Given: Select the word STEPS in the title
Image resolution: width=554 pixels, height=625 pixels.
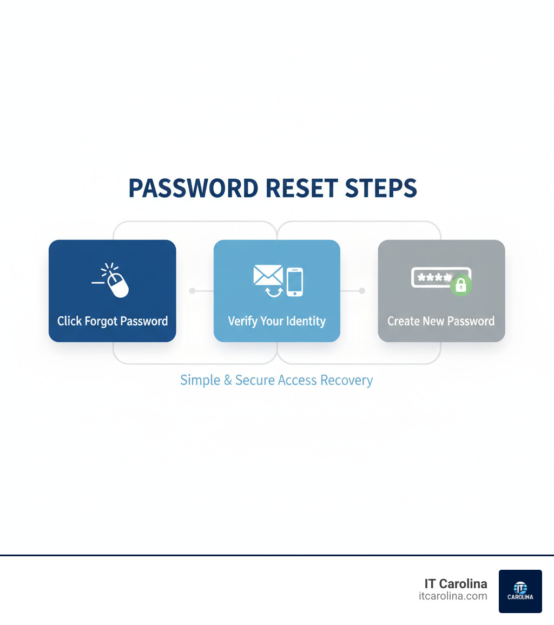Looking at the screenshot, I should coord(381,188).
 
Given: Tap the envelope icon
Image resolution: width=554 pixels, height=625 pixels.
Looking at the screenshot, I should coord(268,275).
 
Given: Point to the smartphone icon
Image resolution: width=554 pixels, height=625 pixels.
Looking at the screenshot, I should coord(294,282).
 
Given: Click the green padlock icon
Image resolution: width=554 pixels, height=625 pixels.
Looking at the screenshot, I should coord(461,284).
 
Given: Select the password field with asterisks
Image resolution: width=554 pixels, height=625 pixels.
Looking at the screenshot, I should coord(433,278).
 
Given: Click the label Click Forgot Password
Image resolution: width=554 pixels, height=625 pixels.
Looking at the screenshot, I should coord(113,321).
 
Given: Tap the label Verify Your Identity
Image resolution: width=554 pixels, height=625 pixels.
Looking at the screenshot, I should coord(277,321).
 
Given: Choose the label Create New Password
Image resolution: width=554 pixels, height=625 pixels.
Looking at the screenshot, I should coord(441,321).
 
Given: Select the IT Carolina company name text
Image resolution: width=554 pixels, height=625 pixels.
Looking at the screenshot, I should coord(456,584).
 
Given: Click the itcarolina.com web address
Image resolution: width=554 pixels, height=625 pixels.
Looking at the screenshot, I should coord(453,596).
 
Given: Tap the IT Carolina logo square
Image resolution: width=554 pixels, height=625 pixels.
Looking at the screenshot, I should coord(520,591).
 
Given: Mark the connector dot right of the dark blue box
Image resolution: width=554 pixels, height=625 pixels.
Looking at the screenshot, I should coord(192,291).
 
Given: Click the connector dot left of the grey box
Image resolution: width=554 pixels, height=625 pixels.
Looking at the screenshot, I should coord(362,291).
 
